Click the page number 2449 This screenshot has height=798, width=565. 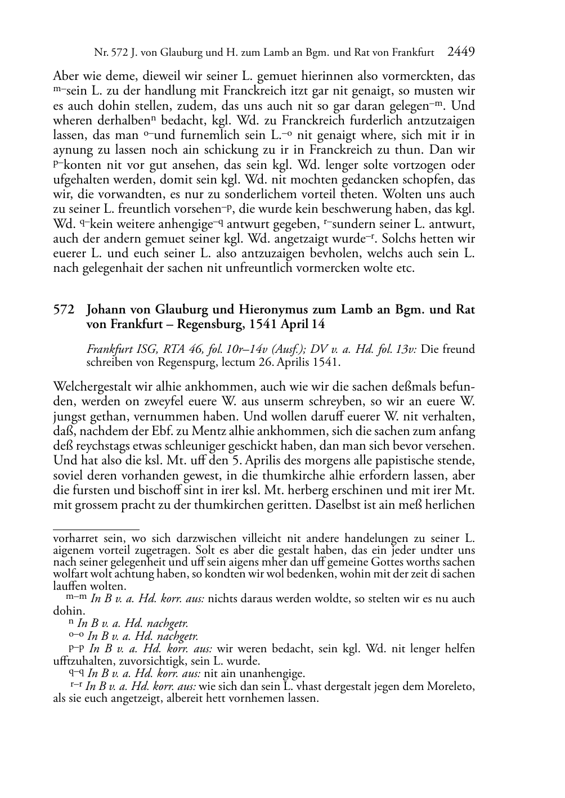pyautogui.click(x=461, y=52)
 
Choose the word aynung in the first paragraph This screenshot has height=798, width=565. pyautogui.click(x=69, y=150)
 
